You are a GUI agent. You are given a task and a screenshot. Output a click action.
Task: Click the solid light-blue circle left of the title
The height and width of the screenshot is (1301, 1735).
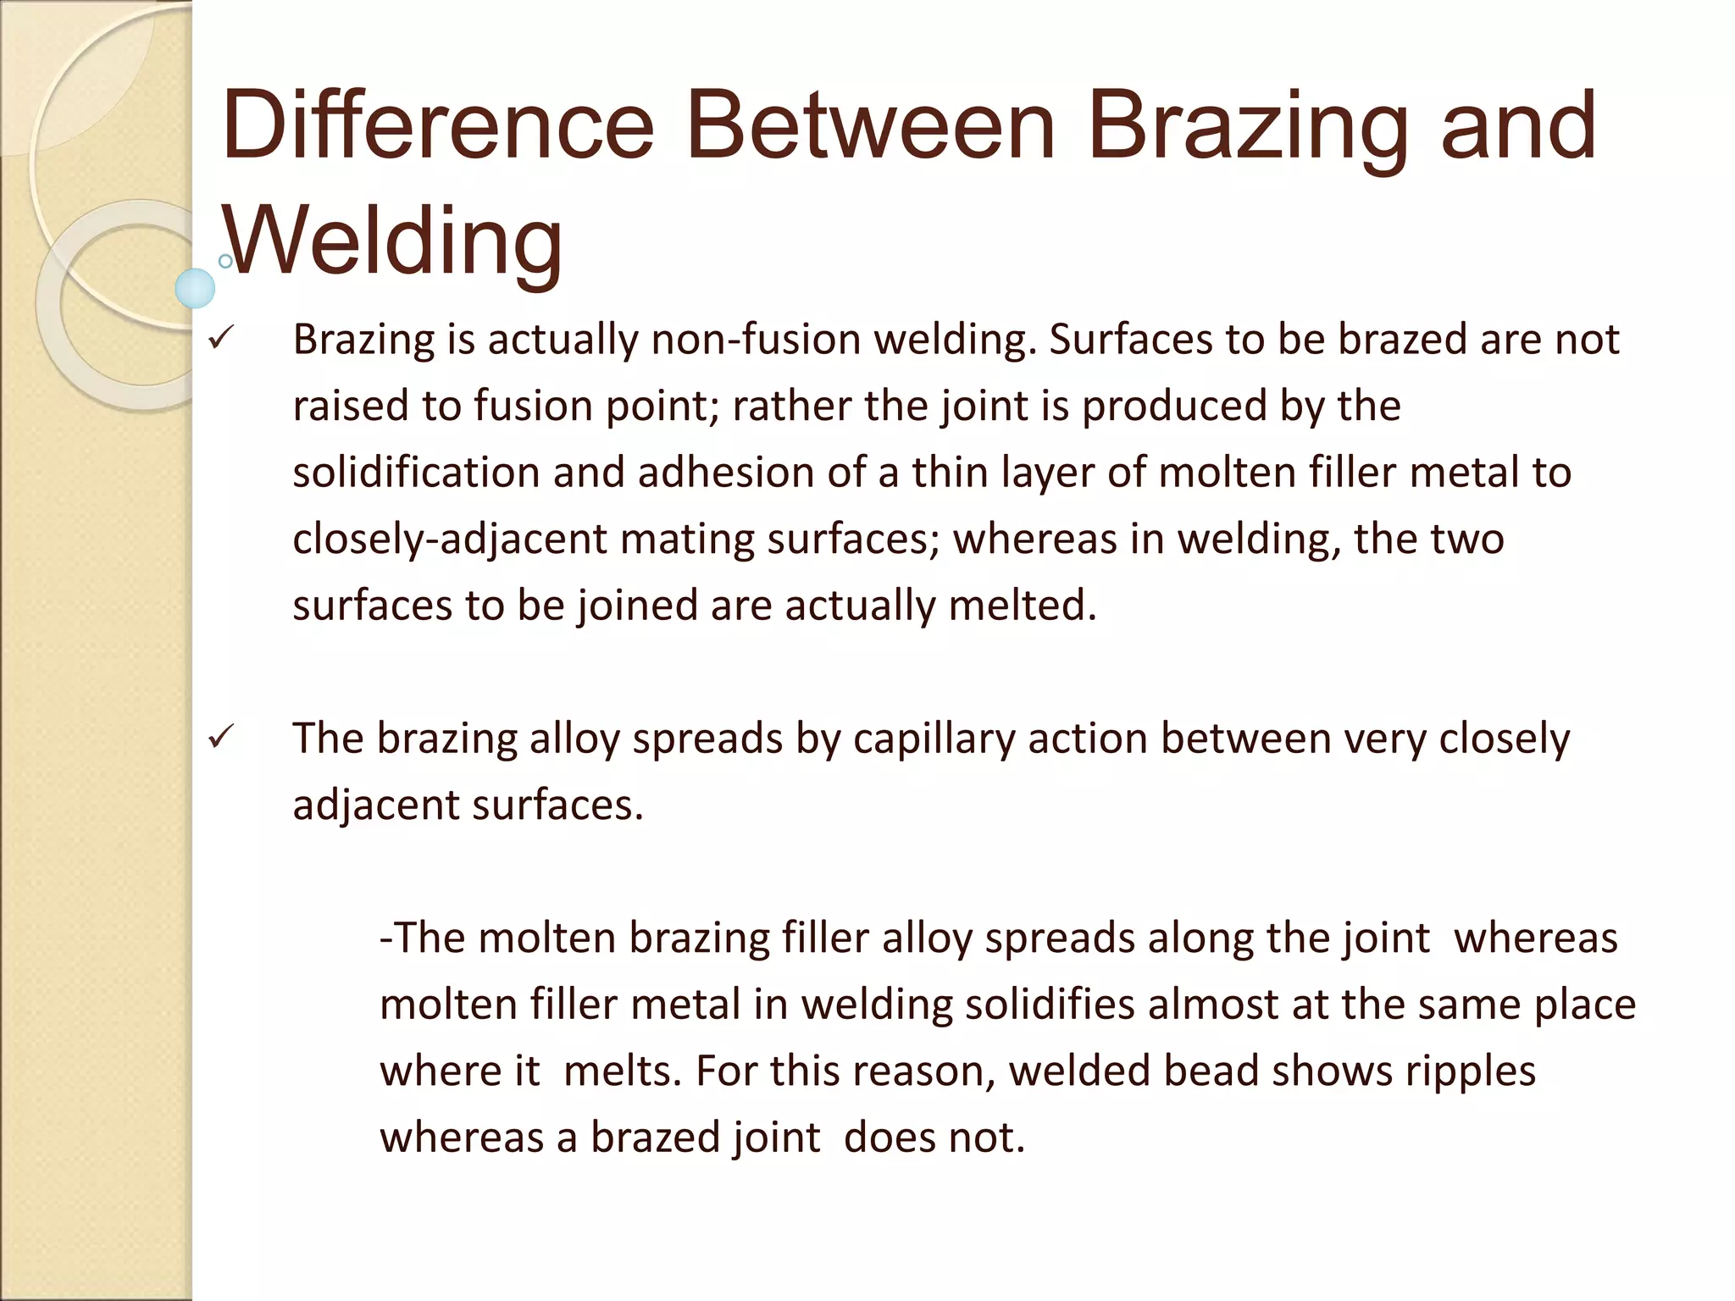point(195,289)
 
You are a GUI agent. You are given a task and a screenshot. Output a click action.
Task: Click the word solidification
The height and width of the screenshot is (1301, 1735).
point(416,472)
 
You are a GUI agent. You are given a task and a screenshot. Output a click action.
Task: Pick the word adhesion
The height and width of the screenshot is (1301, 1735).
point(725,472)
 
